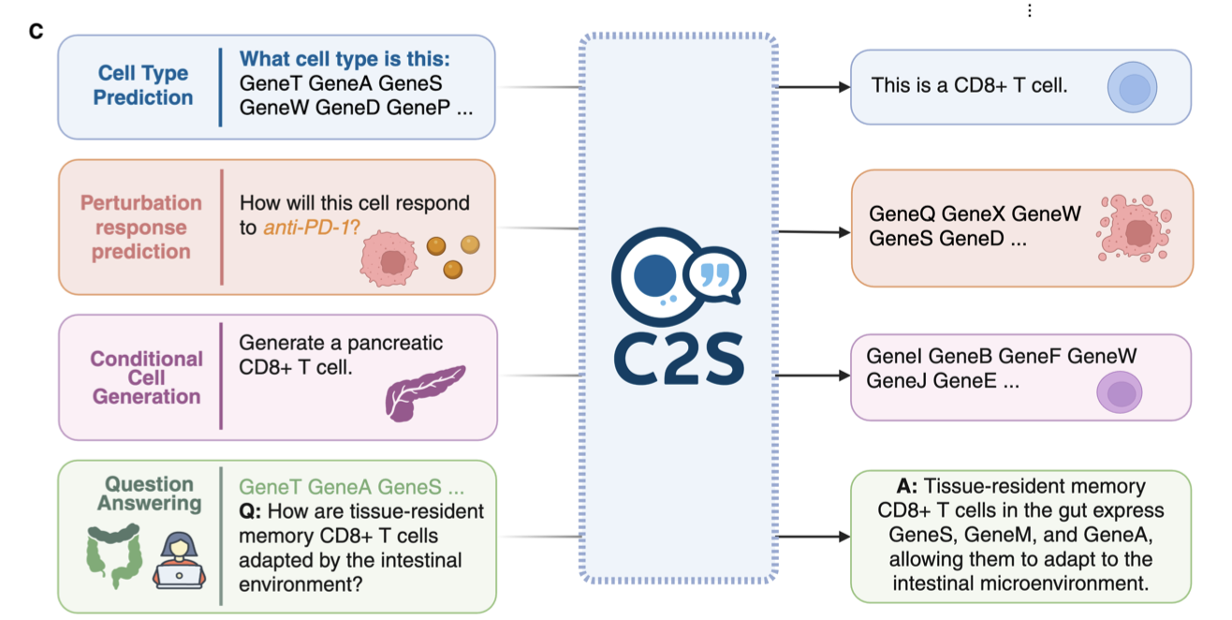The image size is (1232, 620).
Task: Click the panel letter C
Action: click(37, 32)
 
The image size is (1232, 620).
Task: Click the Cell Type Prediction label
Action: click(143, 85)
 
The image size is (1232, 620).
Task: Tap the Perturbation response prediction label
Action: click(141, 228)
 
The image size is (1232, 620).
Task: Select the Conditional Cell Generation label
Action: click(146, 377)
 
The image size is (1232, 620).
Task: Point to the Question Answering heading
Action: click(150, 494)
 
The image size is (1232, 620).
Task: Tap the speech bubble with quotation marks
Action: click(715, 275)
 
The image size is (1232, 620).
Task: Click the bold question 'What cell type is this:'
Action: click(345, 60)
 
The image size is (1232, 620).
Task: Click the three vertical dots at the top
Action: click(1029, 10)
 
